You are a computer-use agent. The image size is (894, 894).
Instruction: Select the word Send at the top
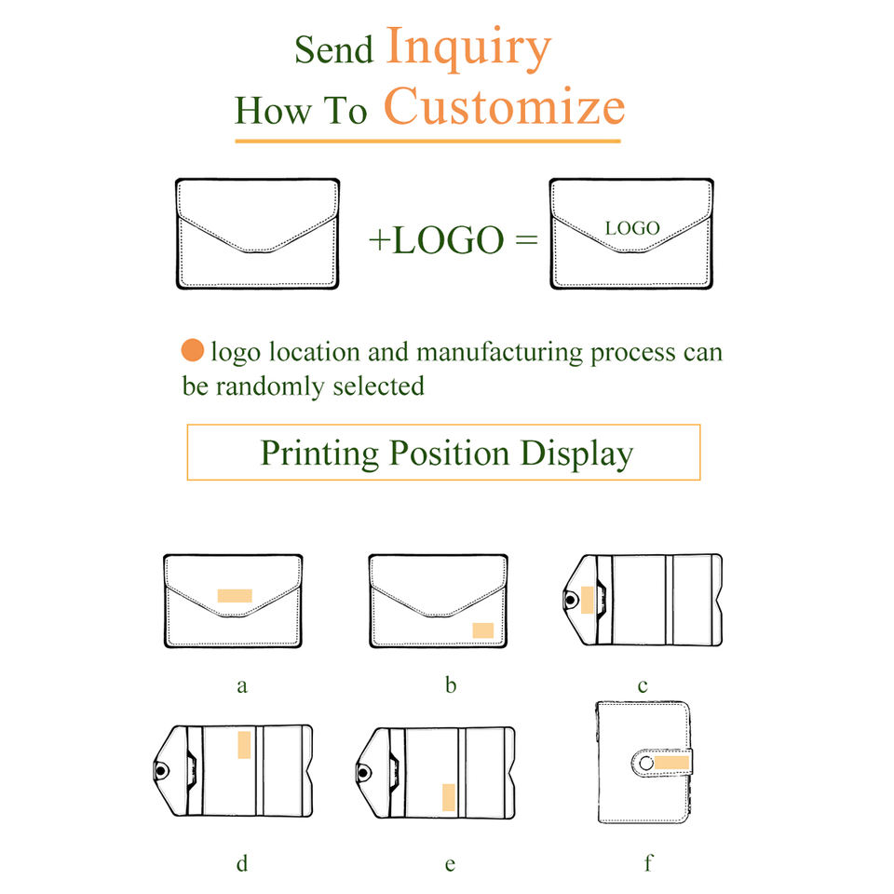[333, 49]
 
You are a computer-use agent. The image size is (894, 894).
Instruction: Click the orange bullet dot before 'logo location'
[193, 351]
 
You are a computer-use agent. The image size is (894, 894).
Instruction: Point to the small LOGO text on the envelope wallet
[632, 227]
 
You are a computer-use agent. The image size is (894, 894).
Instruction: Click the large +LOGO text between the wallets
[436, 239]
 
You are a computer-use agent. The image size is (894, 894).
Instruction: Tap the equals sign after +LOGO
[526, 239]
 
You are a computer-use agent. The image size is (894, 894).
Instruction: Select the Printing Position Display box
[443, 453]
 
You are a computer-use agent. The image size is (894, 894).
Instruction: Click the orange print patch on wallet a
[234, 595]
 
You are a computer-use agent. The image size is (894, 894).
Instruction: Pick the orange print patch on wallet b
[482, 630]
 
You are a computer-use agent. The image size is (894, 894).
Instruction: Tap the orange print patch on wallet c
[587, 599]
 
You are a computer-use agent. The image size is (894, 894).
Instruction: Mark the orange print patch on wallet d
[244, 744]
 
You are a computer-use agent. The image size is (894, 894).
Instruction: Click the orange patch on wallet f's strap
[670, 763]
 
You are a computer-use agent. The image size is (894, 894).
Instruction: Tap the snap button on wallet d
[161, 772]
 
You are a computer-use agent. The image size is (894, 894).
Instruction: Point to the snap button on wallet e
[365, 772]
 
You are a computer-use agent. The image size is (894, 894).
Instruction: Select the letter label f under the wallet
[648, 862]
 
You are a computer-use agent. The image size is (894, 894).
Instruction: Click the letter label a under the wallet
[242, 686]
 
